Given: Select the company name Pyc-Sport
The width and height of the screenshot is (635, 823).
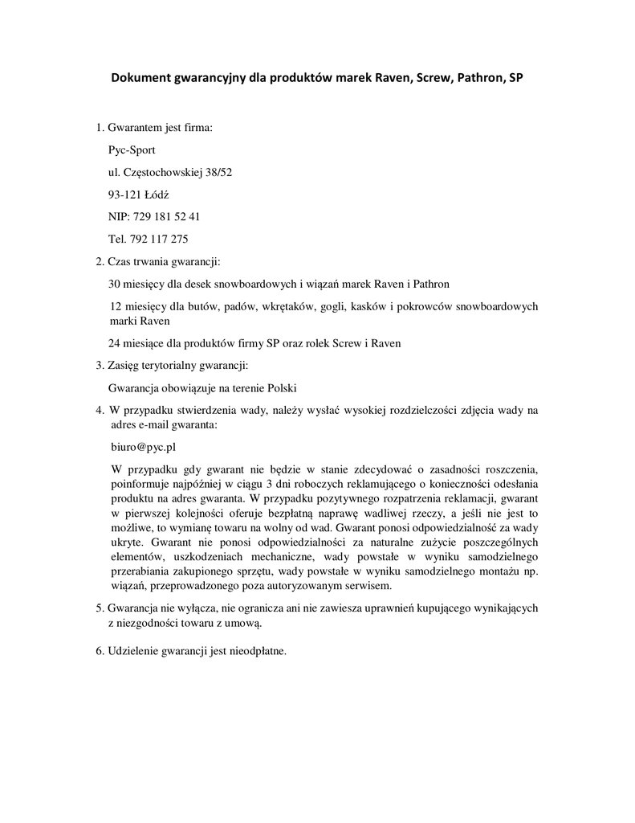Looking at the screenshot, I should coord(132,149).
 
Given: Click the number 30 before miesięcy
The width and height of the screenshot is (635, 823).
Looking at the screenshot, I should coord(114,284).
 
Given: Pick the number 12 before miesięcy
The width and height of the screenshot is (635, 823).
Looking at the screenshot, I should coord(114,306).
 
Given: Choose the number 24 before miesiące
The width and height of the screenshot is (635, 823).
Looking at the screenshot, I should coord(114,343).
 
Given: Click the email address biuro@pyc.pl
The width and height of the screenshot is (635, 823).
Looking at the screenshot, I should coord(142,447).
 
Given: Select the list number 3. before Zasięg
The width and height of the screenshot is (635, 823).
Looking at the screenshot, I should coord(100,366).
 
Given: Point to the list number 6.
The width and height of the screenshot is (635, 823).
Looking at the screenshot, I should coord(100,651).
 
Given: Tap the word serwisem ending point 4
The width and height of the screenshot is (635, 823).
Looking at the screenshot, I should coord(368,586).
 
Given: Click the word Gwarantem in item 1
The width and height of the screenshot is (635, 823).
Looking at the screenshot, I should coord(135,127).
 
